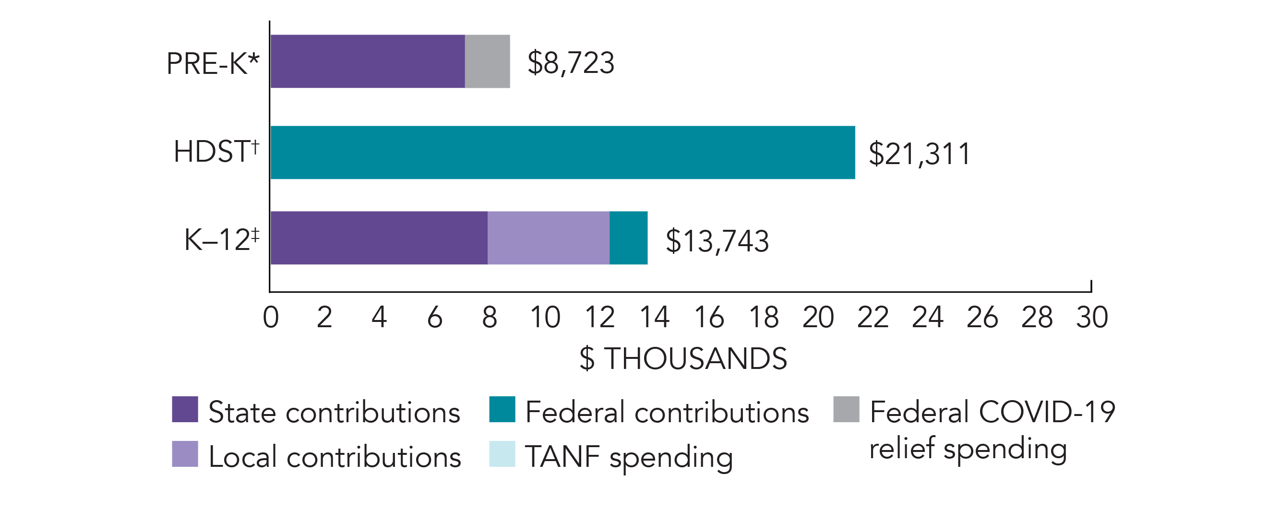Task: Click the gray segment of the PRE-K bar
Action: tap(487, 61)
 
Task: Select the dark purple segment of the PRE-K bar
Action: tap(368, 61)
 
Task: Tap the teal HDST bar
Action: tap(562, 153)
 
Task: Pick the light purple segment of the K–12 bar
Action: tap(548, 238)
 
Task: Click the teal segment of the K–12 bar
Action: tap(628, 238)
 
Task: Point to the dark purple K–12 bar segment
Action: tap(379, 238)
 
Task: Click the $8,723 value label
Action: tap(571, 63)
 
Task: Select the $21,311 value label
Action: tap(919, 154)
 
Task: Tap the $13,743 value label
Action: tap(717, 241)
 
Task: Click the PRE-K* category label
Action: tap(213, 63)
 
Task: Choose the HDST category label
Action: tap(216, 151)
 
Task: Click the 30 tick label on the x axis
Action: tap(1092, 317)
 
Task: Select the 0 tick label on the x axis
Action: tap(270, 317)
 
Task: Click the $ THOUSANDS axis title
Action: tap(683, 358)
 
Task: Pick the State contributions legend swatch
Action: tap(185, 409)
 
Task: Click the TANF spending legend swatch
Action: tap(502, 454)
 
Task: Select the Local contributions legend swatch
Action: tap(185, 454)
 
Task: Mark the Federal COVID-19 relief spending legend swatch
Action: tap(846, 409)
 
